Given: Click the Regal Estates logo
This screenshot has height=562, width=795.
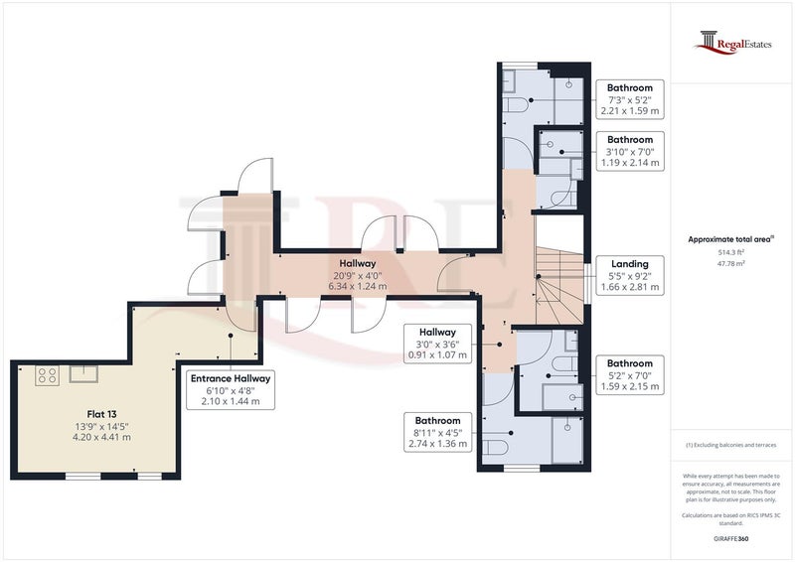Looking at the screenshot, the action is (732, 43).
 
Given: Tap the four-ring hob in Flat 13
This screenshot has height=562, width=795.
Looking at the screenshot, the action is (47, 375).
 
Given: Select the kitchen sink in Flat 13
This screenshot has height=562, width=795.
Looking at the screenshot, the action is (83, 374).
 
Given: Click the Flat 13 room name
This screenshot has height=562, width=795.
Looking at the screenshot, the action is (101, 414).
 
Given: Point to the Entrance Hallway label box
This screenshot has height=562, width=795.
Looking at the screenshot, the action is (231, 389).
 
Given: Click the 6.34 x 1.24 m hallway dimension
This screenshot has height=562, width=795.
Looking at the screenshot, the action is (358, 286).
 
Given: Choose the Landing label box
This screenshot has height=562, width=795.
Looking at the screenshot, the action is (630, 276).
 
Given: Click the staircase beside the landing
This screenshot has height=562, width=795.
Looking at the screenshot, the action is (560, 286).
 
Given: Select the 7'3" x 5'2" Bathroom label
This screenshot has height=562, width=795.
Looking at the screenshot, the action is (630, 99).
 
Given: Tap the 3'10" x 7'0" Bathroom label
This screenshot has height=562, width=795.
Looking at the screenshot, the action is (630, 151).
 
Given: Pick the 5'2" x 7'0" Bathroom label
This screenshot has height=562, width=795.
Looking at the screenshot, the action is (630, 375).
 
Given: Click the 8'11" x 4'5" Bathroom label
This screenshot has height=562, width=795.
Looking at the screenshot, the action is (437, 432).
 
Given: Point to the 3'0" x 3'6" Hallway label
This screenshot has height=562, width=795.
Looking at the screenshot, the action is (437, 344).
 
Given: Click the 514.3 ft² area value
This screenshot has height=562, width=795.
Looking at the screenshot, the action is (731, 252).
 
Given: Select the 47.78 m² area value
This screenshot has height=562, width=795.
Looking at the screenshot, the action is (731, 263).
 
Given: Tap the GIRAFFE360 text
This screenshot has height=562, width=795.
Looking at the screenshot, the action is (731, 539).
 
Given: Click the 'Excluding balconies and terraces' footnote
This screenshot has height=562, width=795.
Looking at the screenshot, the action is (731, 445).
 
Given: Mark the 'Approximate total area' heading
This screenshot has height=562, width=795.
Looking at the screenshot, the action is (731, 239).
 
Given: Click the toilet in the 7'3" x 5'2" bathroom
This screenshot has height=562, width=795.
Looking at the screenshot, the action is (515, 105).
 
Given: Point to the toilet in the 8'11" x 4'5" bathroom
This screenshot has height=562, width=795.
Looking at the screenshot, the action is (494, 448).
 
